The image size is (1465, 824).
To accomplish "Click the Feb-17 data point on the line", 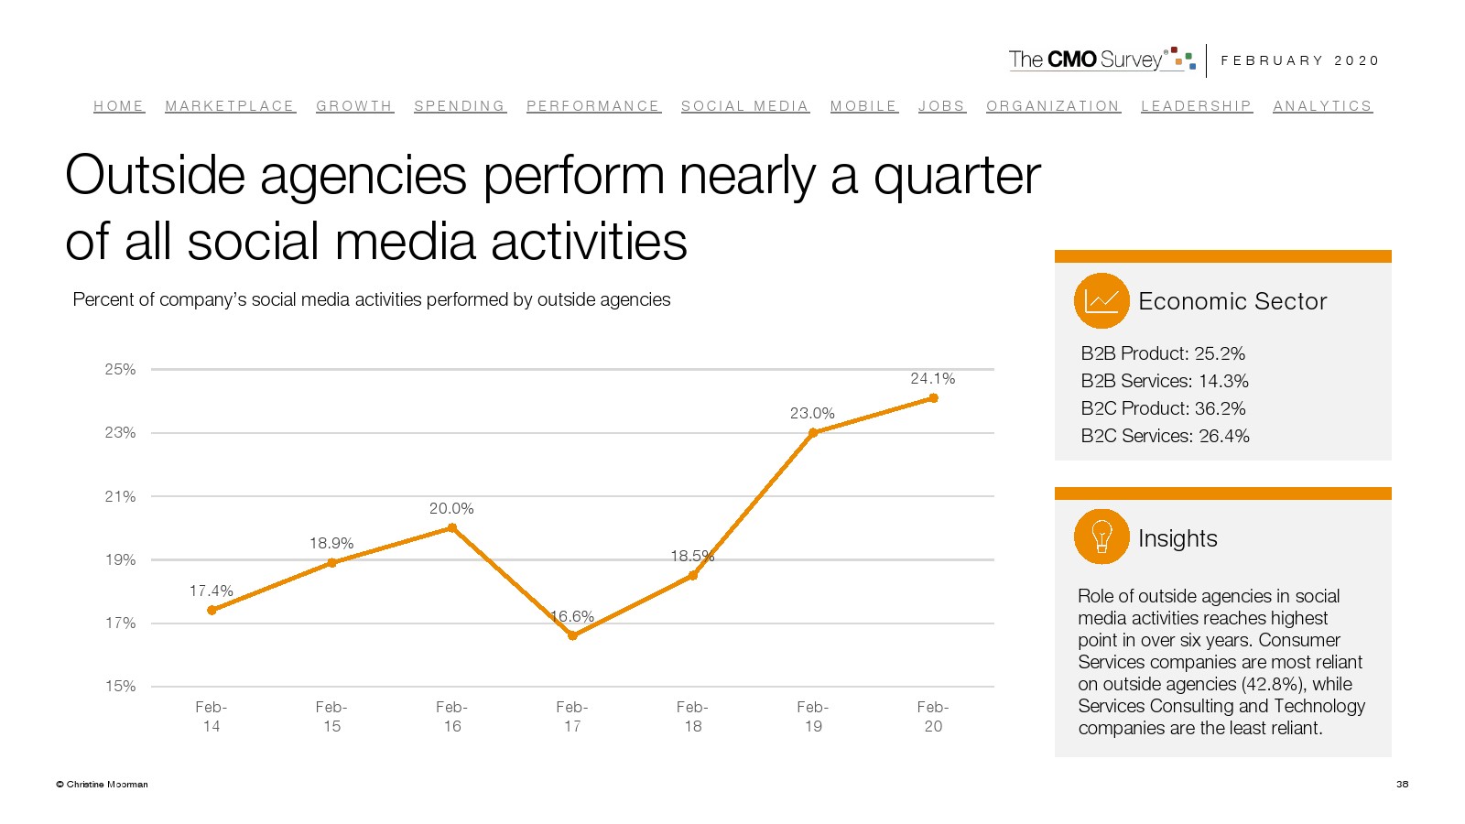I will pyautogui.click(x=572, y=635).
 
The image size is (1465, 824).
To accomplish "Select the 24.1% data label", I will pyautogui.click(x=932, y=378).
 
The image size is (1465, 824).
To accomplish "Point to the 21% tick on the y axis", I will pyautogui.click(x=120, y=496).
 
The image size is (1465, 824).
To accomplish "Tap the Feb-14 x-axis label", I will pyautogui.click(x=212, y=716).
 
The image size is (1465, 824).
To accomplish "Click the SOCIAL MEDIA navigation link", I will pyautogui.click(x=744, y=106).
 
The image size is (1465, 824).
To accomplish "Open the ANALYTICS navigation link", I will pyautogui.click(x=1322, y=106).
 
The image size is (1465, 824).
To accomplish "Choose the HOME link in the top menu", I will pyautogui.click(x=119, y=106).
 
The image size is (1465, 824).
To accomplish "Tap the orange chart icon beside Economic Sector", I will pyautogui.click(x=1101, y=300).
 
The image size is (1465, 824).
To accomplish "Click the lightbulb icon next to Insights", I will pyautogui.click(x=1101, y=537).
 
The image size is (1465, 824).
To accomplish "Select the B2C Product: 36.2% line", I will pyautogui.click(x=1163, y=408).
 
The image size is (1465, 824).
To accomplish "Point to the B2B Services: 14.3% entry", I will pyautogui.click(x=1164, y=381).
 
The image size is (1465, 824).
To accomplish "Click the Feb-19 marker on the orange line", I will pyautogui.click(x=813, y=433).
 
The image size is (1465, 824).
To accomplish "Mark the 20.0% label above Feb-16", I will pyautogui.click(x=451, y=508).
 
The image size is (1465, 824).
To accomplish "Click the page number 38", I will pyautogui.click(x=1402, y=784).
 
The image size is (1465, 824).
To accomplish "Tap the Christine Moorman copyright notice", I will pyautogui.click(x=102, y=784).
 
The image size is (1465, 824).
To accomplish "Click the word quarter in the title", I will pyautogui.click(x=957, y=175).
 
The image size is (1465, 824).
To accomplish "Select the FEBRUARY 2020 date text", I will pyautogui.click(x=1299, y=60).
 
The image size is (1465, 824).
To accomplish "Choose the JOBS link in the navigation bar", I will pyautogui.click(x=941, y=106).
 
